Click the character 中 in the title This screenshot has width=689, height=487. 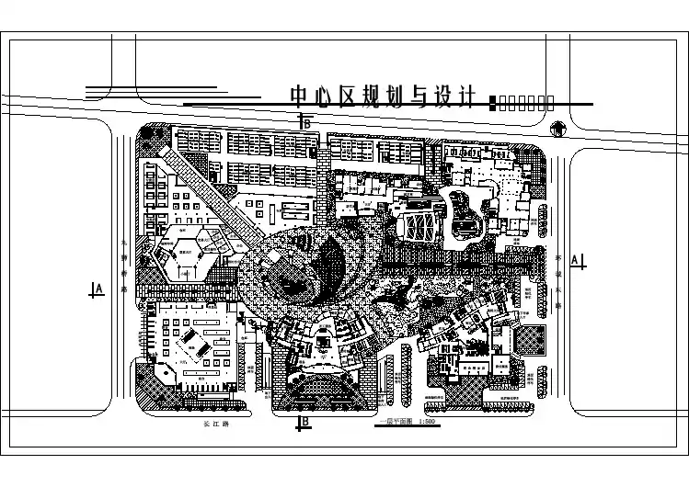299,96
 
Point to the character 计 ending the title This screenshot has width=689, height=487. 464,96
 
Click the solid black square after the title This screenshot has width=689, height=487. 494,103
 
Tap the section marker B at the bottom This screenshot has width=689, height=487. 306,423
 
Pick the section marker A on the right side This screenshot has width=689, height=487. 576,260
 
